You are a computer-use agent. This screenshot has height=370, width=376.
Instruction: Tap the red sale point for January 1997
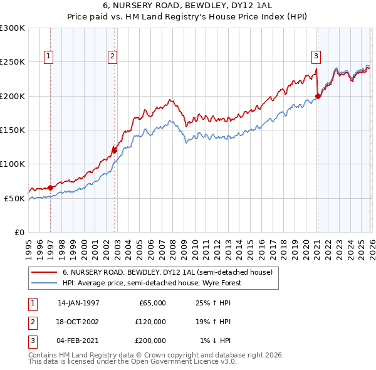50,188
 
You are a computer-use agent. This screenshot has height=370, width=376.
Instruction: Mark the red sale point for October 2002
115,150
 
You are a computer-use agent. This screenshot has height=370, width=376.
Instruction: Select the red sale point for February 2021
318,96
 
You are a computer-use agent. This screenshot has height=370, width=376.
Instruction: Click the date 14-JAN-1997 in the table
78,303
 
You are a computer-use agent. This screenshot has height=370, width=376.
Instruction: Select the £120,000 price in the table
151,322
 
